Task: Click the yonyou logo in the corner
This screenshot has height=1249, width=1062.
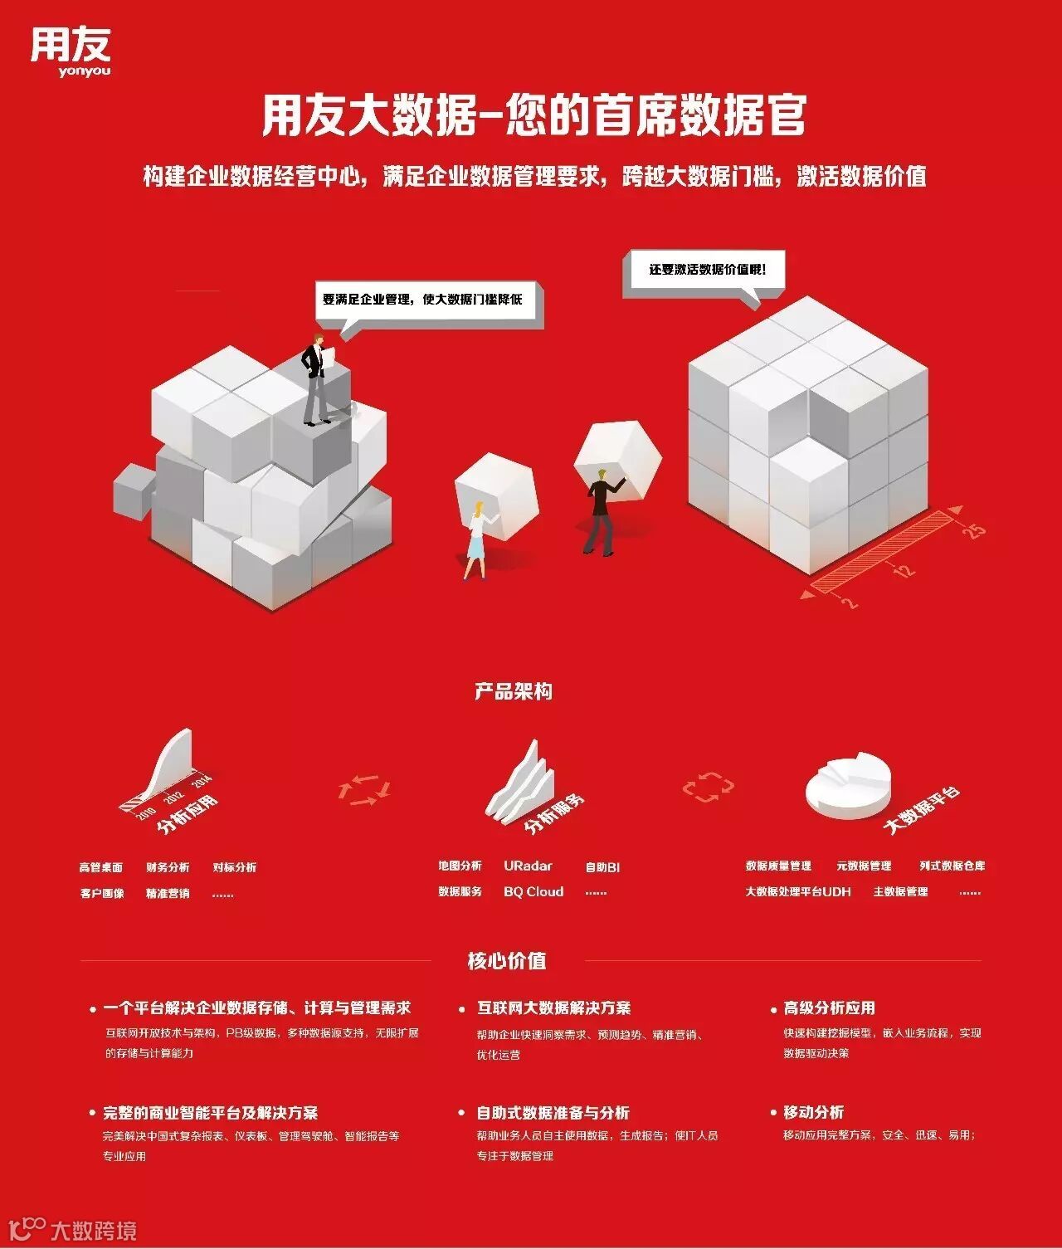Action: [x=71, y=51]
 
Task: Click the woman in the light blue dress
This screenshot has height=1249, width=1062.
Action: [x=476, y=540]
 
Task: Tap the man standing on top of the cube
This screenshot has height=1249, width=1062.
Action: [x=315, y=378]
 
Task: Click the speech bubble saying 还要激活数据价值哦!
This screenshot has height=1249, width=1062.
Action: [x=706, y=271]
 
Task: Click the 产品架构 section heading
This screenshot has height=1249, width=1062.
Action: [x=514, y=691]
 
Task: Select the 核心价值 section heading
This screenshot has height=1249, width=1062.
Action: [x=507, y=961]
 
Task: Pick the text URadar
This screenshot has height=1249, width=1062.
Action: [x=528, y=866]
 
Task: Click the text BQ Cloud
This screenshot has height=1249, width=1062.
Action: [x=533, y=891]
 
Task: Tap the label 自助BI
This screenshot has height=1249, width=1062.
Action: [x=602, y=867]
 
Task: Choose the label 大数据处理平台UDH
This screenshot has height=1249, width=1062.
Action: [x=797, y=891]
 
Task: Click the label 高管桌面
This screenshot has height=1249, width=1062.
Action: [x=101, y=867]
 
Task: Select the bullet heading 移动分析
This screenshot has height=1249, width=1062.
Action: [x=813, y=1112]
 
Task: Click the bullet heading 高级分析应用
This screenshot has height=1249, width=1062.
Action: [x=829, y=1007]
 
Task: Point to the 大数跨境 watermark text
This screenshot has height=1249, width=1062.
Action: [x=93, y=1230]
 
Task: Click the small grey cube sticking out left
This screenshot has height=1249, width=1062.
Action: [x=132, y=490]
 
